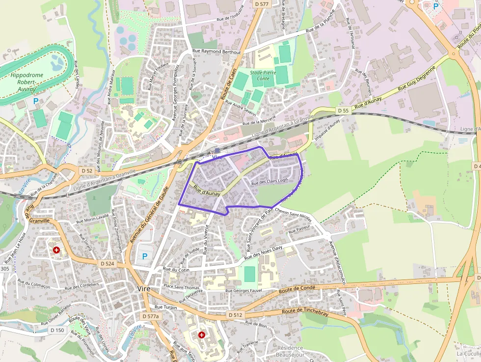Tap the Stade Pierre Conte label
(x=260, y=76)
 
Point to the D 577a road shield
(x=150, y=316)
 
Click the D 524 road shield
(x=107, y=264)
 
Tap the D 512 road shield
(x=236, y=314)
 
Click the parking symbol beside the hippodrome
(x=35, y=101)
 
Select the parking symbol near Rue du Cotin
(x=144, y=256)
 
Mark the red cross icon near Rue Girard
(x=57, y=250)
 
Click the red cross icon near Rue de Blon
(x=201, y=334)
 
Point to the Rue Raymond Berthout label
(x=216, y=52)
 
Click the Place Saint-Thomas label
(x=182, y=287)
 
